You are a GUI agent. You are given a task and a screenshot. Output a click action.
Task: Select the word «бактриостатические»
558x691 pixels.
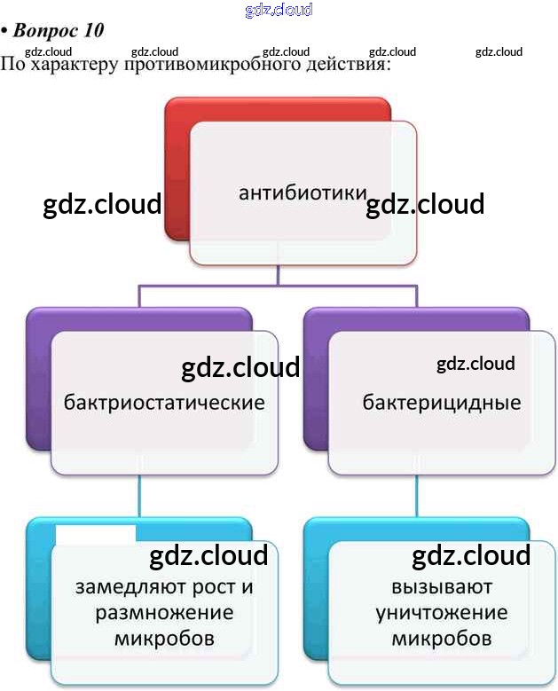point(164,403)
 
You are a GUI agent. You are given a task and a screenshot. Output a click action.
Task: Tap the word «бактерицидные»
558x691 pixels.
point(441,403)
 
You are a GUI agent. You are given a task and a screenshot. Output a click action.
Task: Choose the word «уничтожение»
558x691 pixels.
point(441,613)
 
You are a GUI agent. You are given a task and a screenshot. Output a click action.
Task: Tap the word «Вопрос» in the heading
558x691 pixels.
point(47,31)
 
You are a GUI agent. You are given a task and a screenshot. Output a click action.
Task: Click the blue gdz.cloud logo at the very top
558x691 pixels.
point(279,11)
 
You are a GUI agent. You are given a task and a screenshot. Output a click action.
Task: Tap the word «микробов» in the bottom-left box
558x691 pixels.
point(165,639)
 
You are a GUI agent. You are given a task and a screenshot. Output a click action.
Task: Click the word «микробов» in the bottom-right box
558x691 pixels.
point(441,639)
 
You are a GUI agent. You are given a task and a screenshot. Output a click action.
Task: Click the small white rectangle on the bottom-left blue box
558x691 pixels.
point(95,532)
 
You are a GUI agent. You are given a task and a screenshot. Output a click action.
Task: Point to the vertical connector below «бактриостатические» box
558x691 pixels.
point(140,497)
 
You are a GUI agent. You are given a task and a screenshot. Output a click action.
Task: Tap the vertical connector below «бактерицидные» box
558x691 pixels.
point(417,497)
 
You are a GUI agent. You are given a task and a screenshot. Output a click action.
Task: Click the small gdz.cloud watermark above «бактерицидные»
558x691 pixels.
point(475,364)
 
